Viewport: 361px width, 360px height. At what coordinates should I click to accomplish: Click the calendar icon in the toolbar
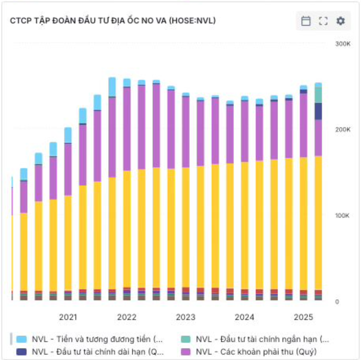pyautogui.click(x=306, y=21)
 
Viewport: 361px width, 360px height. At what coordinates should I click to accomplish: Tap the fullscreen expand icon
pyautogui.click(x=323, y=21)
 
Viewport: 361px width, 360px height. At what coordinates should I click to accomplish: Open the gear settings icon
pyautogui.click(x=340, y=21)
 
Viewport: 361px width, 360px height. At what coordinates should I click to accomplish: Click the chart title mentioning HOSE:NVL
pyautogui.click(x=113, y=21)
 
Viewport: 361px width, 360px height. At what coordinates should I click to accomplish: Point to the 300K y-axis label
pyautogui.click(x=343, y=44)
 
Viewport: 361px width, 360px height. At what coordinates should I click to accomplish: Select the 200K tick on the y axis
pyautogui.click(x=343, y=130)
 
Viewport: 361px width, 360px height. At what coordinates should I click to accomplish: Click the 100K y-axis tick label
pyautogui.click(x=342, y=216)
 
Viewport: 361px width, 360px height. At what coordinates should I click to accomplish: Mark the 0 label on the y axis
pyautogui.click(x=337, y=302)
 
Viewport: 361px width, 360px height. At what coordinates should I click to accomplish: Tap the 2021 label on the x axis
pyautogui.click(x=68, y=317)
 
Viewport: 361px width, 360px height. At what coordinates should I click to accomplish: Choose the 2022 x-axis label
pyautogui.click(x=127, y=317)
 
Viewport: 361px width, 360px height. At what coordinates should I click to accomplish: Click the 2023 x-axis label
pyautogui.click(x=186, y=317)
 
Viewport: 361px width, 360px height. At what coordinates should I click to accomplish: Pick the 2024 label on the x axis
pyautogui.click(x=244, y=317)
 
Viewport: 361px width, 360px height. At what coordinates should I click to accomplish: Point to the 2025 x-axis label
pyautogui.click(x=304, y=317)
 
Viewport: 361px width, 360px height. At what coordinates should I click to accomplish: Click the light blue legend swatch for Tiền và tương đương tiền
pyautogui.click(x=21, y=339)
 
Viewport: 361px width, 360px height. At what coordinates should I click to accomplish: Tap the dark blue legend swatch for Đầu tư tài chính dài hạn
pyautogui.click(x=21, y=352)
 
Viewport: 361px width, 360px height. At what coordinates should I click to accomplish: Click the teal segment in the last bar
pyautogui.click(x=318, y=95)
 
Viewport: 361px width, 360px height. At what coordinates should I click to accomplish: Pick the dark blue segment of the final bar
pyautogui.click(x=318, y=112)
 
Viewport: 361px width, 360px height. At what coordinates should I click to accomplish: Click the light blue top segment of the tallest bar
pyautogui.click(x=112, y=87)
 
